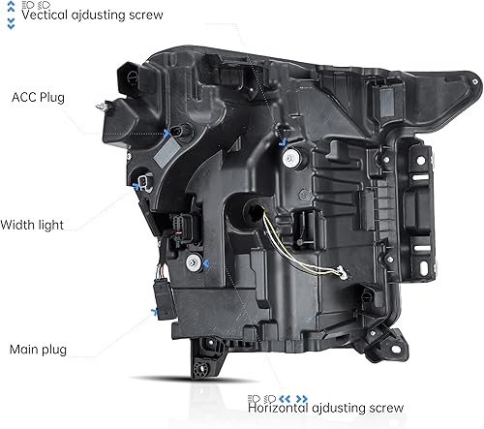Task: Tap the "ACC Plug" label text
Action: click(x=39, y=97)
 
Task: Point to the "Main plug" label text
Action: click(x=39, y=349)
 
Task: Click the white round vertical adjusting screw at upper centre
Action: click(x=283, y=140)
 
